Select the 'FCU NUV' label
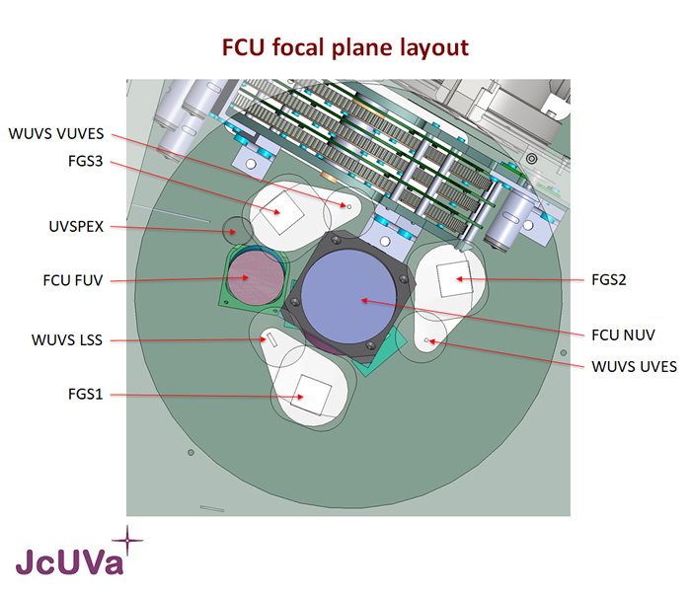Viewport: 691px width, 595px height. coord(622,335)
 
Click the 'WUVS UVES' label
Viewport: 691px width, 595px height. coord(634,366)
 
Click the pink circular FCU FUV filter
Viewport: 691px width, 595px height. coord(256,278)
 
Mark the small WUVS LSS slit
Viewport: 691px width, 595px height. coord(269,339)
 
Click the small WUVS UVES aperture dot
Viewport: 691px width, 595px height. coord(427,339)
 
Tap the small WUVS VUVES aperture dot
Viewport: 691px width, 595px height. coord(347,205)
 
